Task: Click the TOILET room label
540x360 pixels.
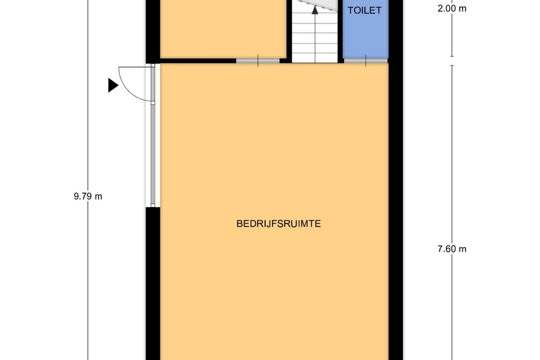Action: click(x=364, y=11)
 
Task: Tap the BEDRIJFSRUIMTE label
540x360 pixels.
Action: click(x=282, y=224)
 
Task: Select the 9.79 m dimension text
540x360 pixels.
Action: click(x=88, y=196)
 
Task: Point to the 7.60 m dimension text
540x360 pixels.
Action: click(x=452, y=249)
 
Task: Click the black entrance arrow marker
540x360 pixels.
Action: click(x=113, y=85)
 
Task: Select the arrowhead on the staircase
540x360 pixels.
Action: click(x=315, y=10)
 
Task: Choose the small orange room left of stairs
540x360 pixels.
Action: click(x=223, y=31)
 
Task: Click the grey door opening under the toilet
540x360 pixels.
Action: click(x=366, y=62)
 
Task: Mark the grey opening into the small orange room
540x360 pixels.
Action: click(x=258, y=62)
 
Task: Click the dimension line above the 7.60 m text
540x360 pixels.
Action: click(x=452, y=152)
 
